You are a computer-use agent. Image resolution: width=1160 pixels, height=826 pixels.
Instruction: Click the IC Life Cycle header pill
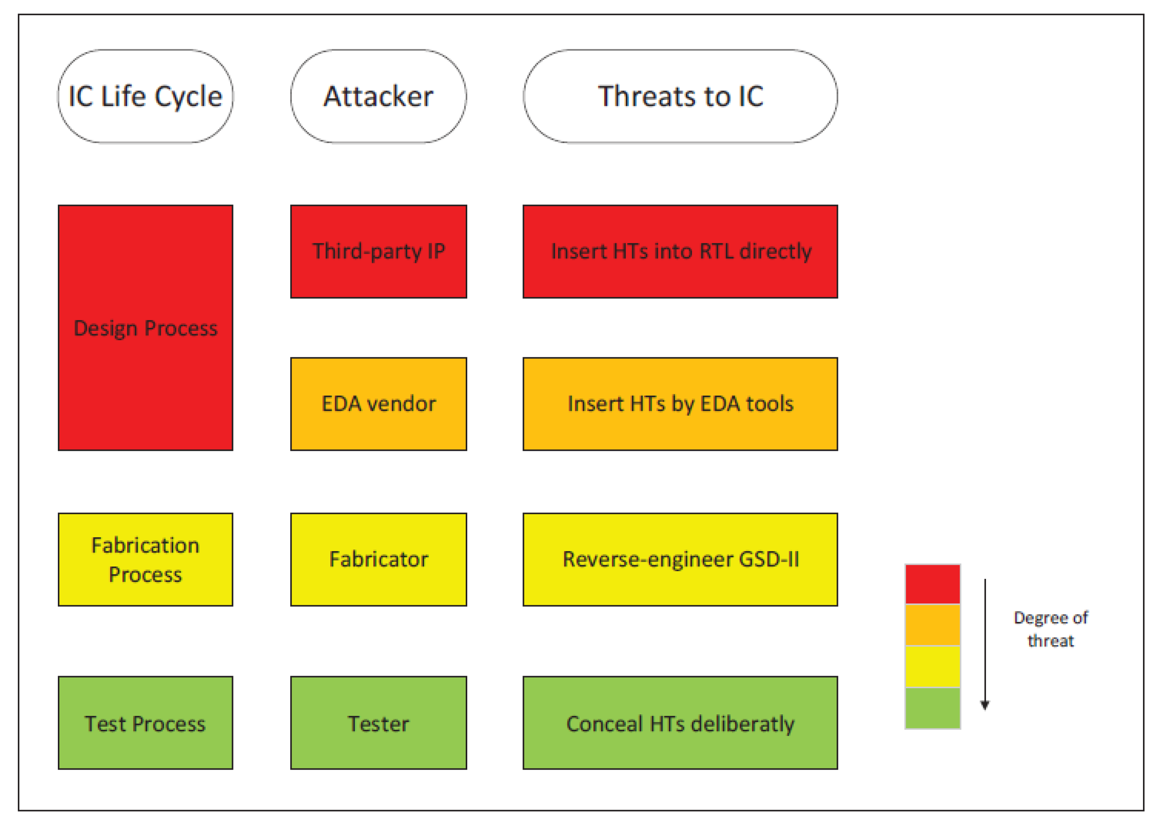point(145,96)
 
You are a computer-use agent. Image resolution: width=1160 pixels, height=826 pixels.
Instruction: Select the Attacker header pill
point(378,96)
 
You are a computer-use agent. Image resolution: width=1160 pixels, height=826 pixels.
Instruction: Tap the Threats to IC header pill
point(680,96)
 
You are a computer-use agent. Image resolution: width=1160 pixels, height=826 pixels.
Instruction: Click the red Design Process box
point(145,327)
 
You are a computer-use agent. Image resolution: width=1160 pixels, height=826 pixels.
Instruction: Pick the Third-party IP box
point(378,251)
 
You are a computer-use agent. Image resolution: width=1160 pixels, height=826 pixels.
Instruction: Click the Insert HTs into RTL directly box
point(680,251)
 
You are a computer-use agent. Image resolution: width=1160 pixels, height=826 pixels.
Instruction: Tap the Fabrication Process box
point(145,559)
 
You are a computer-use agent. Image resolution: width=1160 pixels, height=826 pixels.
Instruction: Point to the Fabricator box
point(378,559)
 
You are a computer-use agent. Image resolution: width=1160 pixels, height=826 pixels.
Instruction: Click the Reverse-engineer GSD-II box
point(680,559)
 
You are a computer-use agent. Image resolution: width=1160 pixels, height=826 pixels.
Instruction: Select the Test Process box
point(145,723)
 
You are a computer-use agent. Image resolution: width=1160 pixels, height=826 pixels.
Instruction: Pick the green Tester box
point(378,723)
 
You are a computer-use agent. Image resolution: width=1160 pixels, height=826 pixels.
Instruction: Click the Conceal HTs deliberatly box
point(680,723)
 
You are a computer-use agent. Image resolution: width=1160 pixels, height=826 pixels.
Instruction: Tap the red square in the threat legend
point(932,584)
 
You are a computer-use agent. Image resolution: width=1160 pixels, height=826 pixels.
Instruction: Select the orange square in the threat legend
point(932,625)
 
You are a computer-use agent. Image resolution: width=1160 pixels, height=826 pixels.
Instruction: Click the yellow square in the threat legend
point(932,666)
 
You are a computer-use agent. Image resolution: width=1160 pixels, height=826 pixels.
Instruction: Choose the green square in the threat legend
point(932,708)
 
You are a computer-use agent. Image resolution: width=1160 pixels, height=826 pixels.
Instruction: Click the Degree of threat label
point(1050,629)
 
